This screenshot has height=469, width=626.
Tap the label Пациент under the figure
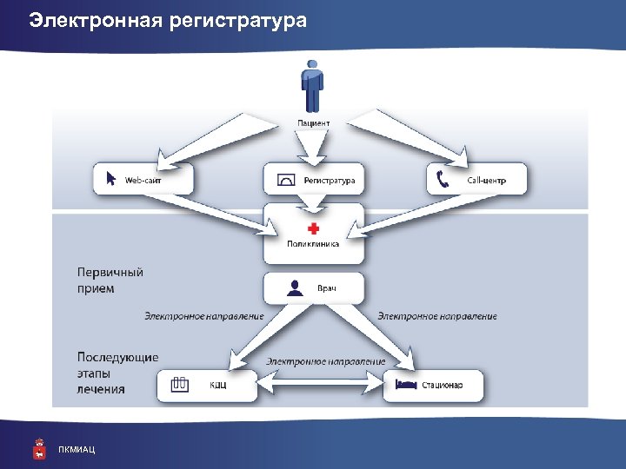tap(314, 123)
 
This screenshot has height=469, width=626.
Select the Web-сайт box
tap(143, 180)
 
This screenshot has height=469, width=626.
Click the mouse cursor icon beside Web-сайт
tap(110, 179)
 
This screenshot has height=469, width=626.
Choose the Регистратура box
tap(314, 180)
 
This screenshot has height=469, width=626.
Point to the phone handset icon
tap(443, 180)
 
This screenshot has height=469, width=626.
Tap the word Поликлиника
tap(314, 244)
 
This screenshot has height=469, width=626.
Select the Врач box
tap(314, 288)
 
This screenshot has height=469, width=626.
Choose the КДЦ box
tap(207, 385)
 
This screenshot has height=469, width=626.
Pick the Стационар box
tap(434, 385)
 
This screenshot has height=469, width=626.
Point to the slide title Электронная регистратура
tap(168, 19)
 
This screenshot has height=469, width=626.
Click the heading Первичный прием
tap(109, 280)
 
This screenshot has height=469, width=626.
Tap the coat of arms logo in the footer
tap(38, 448)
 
